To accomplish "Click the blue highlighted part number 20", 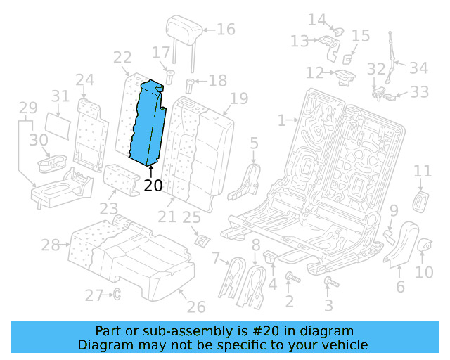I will pos(149,123).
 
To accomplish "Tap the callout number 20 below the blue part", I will pos(153,186).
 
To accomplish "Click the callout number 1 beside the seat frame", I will pos(281,120).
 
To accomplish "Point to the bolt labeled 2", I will pos(289,280).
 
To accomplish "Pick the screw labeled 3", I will pos(328,283).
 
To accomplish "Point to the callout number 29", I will pos(28,108).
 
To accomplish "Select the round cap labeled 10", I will pos(425,245).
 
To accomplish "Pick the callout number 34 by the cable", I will pos(418,68).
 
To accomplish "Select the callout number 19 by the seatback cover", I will pos(239,98).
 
